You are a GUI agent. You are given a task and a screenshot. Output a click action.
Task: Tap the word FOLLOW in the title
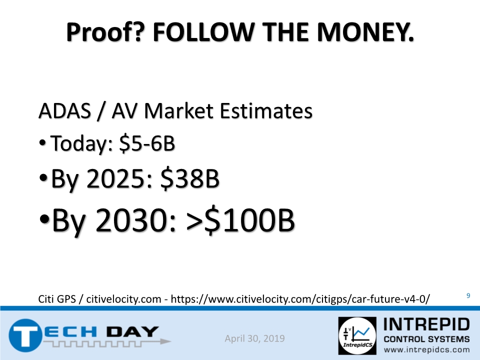pos(203,32)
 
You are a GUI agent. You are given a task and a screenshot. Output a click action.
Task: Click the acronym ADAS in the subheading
pos(64,110)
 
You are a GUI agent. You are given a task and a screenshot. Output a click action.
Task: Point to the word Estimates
pos(266,110)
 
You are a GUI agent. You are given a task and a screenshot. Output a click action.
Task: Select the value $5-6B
pos(147,143)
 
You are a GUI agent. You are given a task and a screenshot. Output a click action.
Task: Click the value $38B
pos(190,178)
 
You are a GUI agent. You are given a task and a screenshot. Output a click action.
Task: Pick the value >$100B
pos(240,220)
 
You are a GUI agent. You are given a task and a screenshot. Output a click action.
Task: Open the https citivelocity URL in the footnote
pos(300,299)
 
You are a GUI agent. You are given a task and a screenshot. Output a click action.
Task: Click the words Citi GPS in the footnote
pos(57,299)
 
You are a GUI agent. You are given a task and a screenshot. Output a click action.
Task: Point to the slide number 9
pos(468,295)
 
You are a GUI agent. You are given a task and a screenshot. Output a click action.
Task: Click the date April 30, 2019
pos(254,338)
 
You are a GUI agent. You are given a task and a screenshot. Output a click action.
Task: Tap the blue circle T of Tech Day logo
pos(25,335)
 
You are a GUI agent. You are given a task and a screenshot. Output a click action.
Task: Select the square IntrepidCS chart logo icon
pos(357,335)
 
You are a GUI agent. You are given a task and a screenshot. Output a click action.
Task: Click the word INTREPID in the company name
pos(426,324)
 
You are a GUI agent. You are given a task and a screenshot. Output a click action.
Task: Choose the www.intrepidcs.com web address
pos(426,350)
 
